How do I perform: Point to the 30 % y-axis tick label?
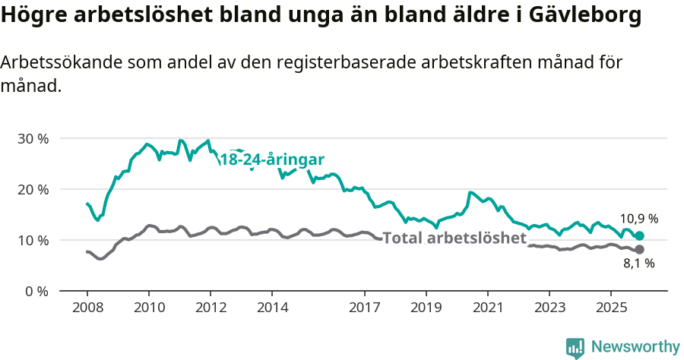pyautogui.click(x=33, y=138)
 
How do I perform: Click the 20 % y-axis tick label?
pyautogui.click(x=33, y=189)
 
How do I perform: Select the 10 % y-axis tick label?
pyautogui.click(x=33, y=240)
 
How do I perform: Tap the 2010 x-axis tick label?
pyautogui.click(x=148, y=308)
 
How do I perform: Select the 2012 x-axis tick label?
pyautogui.click(x=210, y=308)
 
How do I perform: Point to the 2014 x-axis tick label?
pyautogui.click(x=272, y=308)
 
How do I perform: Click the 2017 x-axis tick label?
pyautogui.click(x=364, y=308)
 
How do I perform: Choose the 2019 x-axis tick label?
pyautogui.click(x=426, y=308)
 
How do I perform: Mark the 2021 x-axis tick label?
pyautogui.click(x=487, y=308)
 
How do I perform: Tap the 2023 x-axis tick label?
pyautogui.click(x=549, y=308)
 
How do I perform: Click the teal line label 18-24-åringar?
pyautogui.click(x=272, y=160)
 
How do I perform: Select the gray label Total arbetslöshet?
pyautogui.click(x=454, y=238)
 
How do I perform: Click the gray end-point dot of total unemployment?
pyautogui.click(x=639, y=250)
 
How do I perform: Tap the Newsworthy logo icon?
pyautogui.click(x=575, y=348)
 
